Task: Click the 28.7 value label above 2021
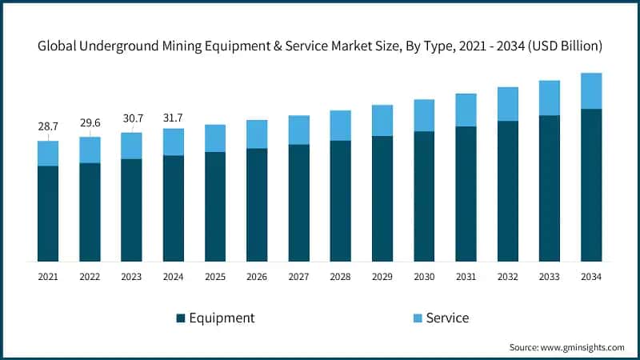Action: point(48,127)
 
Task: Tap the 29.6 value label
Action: point(90,123)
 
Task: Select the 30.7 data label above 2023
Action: point(131,118)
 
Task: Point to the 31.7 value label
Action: point(174,114)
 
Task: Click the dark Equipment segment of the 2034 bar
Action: point(591,185)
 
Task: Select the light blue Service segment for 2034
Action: point(591,90)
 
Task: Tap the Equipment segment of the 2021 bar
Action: point(48,213)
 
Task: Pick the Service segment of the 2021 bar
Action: point(48,154)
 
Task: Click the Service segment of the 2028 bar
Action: point(341,126)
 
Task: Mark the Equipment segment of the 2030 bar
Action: point(424,196)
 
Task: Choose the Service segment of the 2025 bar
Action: point(215,138)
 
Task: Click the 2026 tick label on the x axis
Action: point(257,277)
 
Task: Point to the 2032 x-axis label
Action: point(508,277)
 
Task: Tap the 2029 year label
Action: point(382,277)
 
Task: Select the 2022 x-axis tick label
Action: point(90,277)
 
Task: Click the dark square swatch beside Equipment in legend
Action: point(181,318)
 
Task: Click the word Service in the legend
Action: point(447,318)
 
